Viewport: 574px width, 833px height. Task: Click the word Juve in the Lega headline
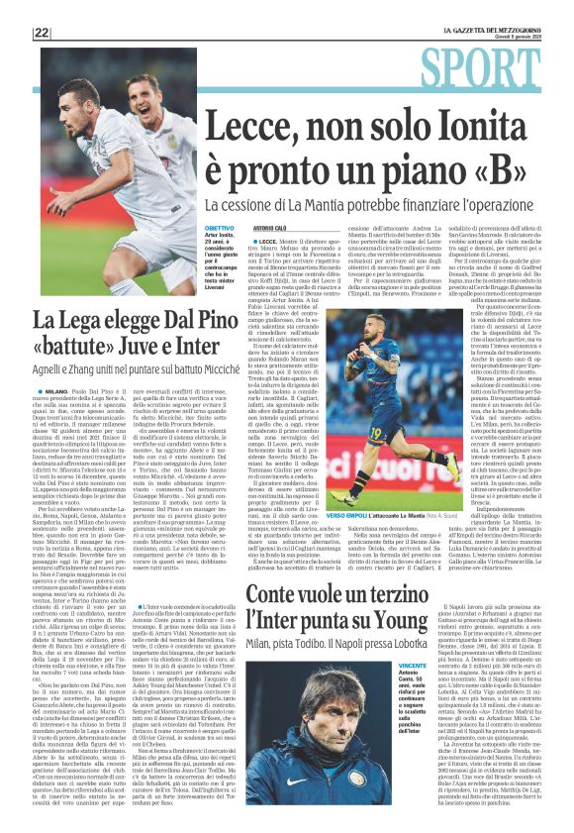[x=131, y=348]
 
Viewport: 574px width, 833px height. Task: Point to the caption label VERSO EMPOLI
[x=371, y=545]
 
